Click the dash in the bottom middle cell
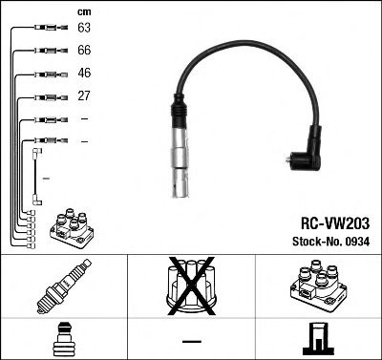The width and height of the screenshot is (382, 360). point(191,340)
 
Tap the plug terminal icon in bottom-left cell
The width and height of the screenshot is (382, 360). point(63,339)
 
